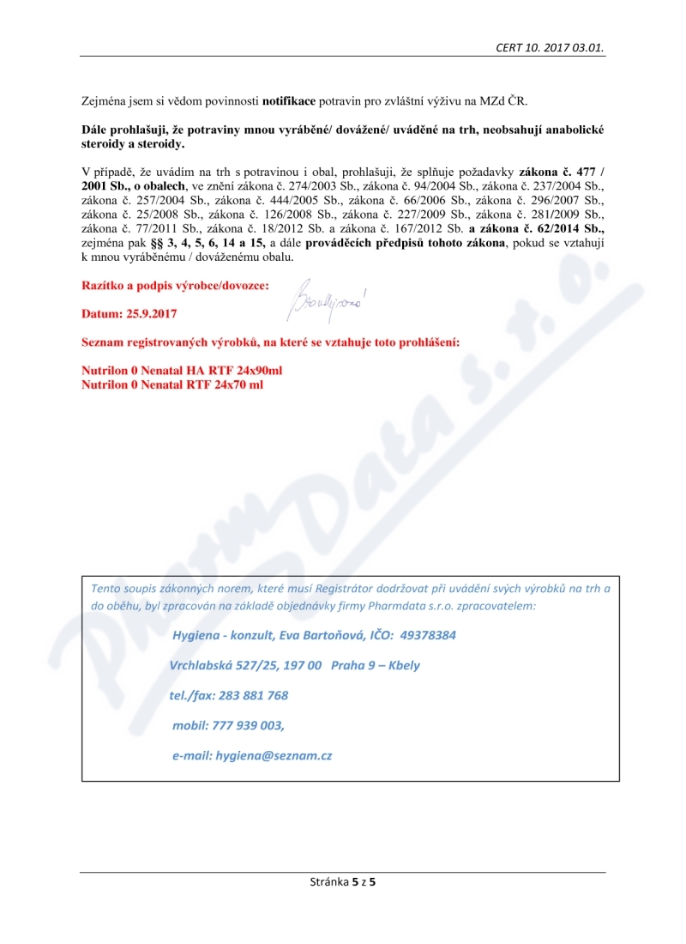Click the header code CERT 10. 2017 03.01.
551,47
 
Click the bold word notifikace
289,100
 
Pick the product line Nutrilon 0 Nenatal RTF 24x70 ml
171,384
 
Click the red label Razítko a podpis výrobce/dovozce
175,284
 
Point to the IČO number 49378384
427,636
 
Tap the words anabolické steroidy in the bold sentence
566,130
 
